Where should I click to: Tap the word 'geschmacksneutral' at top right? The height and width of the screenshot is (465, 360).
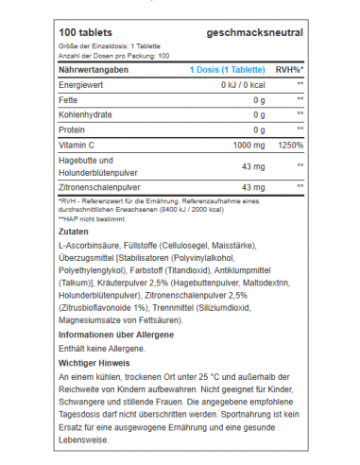pos(254,34)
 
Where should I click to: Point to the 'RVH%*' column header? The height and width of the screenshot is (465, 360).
pos(288,69)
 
